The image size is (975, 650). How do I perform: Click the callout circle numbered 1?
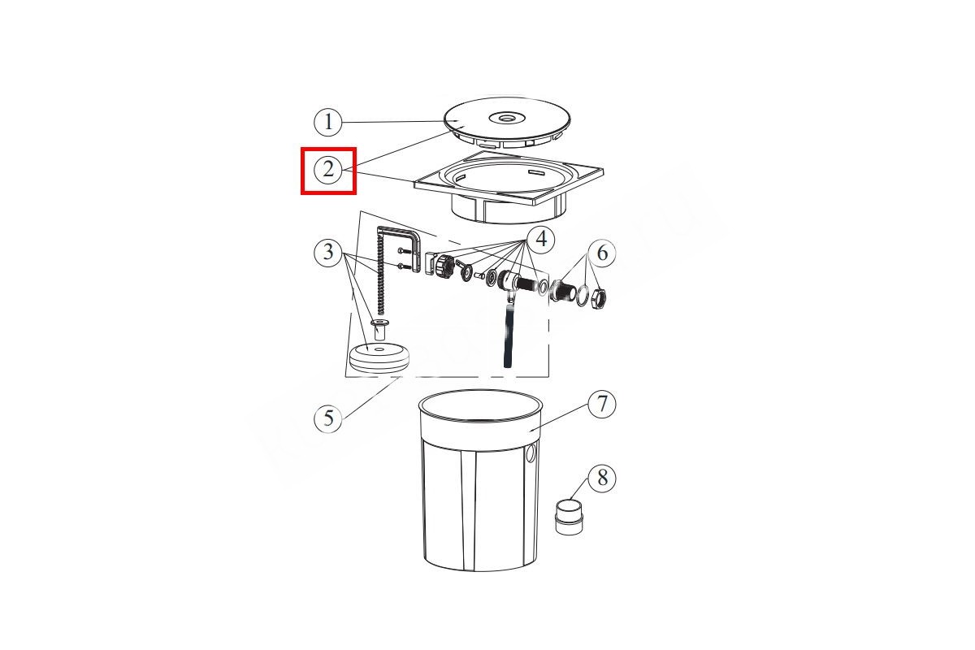[328, 121]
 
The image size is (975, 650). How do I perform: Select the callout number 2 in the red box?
[328, 169]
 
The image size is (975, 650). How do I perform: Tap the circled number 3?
[328, 253]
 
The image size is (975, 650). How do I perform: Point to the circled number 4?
[540, 239]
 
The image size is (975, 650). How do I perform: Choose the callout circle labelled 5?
[328, 418]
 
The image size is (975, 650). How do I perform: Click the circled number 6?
[602, 253]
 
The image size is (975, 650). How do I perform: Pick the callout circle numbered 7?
[602, 404]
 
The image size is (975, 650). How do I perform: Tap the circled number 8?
[602, 478]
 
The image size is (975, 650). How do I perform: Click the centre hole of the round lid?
[507, 118]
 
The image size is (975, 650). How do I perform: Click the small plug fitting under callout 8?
[570, 517]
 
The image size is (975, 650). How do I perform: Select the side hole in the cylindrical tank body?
[531, 454]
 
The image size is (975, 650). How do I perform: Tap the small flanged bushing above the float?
[75, 330]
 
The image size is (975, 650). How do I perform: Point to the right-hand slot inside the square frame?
[536, 173]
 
